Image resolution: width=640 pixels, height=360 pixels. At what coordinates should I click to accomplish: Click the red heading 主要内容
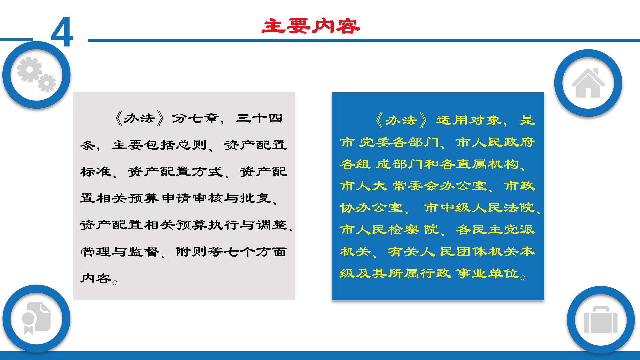point(311,26)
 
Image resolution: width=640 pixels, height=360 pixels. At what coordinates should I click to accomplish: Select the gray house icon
point(588,83)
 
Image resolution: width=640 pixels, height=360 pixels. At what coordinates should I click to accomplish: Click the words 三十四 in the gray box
point(259,118)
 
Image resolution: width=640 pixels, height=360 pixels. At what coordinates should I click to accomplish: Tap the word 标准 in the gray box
point(96,172)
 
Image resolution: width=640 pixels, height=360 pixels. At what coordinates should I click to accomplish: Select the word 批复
point(256,198)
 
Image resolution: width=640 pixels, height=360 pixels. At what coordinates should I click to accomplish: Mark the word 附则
point(192,252)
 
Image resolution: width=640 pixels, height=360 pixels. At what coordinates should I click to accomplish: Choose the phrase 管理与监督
point(120,252)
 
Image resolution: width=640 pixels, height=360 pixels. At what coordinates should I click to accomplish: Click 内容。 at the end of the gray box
point(99,278)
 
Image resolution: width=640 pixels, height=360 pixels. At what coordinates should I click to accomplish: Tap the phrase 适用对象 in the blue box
point(468,120)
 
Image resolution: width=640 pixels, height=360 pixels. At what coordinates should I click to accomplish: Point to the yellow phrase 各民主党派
point(495,230)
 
